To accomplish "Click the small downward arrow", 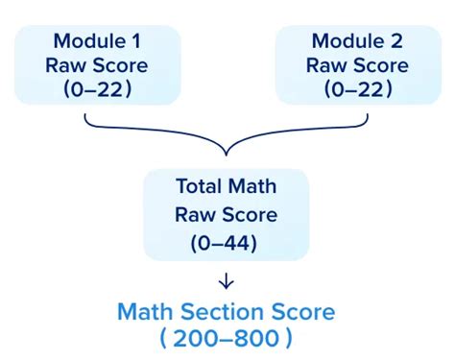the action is click(227, 282).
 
